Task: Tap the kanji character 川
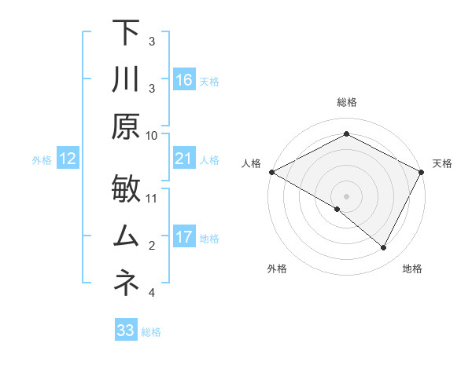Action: coord(125,79)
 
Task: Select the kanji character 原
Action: coord(125,126)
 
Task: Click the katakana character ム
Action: coord(125,236)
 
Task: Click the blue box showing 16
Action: coord(184,79)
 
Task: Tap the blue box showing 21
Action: coord(184,159)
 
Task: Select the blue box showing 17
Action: coord(184,237)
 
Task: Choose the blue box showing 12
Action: coord(67,159)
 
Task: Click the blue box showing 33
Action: coord(125,331)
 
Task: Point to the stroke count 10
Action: coord(153,135)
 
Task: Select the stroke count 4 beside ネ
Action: coord(152,293)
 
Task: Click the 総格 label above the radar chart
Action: coord(346,103)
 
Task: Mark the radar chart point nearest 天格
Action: coord(422,172)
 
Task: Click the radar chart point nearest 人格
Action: coord(271,172)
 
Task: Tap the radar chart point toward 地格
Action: coord(384,248)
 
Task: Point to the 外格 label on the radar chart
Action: coord(277,269)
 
